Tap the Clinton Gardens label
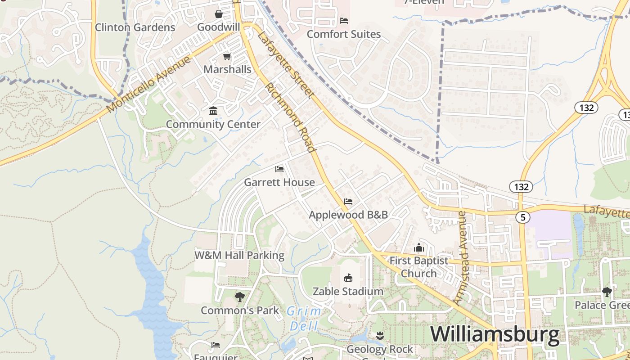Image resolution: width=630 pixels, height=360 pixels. pyautogui.click(x=135, y=27)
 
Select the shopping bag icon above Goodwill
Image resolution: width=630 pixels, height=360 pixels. pyautogui.click(x=219, y=14)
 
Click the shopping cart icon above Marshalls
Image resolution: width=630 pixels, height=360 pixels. pyautogui.click(x=227, y=57)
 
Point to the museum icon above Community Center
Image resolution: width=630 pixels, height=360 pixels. pyautogui.click(x=213, y=111)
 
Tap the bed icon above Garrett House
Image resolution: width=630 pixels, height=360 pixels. pyautogui.click(x=279, y=169)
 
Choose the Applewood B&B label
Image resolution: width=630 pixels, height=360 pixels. pyautogui.click(x=348, y=215)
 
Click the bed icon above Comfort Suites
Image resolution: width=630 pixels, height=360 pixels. pyautogui.click(x=344, y=21)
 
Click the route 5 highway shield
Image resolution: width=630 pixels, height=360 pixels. pyautogui.click(x=522, y=217)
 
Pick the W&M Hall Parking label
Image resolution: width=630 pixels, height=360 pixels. pyautogui.click(x=239, y=256)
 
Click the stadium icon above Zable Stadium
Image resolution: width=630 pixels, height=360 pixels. pyautogui.click(x=348, y=278)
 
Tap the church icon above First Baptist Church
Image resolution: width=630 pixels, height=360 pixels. pyautogui.click(x=419, y=247)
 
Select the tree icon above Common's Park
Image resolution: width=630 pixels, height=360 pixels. pyautogui.click(x=239, y=297)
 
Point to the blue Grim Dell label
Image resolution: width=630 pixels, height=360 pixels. pyautogui.click(x=304, y=318)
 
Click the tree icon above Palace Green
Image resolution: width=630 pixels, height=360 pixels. pyautogui.click(x=607, y=292)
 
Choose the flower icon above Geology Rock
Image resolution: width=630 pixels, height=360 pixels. pyautogui.click(x=380, y=335)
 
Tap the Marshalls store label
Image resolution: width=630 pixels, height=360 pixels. pyautogui.click(x=227, y=69)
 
